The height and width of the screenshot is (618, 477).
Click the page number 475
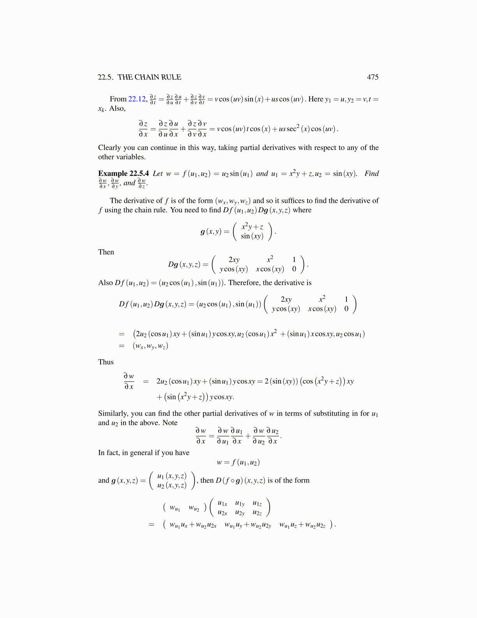373,77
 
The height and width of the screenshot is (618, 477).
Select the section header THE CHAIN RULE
149,77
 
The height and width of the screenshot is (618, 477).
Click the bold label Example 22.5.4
124,173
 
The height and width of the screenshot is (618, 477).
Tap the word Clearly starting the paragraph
110,147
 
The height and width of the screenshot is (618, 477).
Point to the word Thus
106,362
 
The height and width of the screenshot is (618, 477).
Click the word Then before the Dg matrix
106,252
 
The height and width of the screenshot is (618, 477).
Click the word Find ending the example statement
371,173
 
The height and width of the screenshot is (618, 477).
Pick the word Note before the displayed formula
170,423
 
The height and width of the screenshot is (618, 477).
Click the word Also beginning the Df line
106,282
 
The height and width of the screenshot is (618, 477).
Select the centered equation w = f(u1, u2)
238,463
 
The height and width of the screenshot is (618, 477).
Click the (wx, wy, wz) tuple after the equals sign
150,346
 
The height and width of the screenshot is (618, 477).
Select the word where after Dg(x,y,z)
302,210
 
